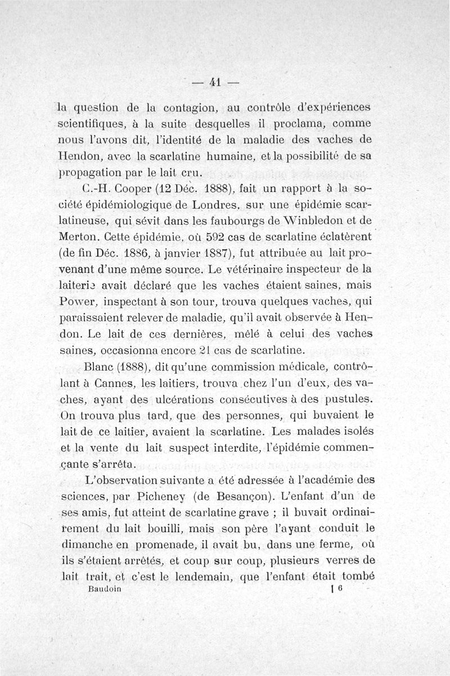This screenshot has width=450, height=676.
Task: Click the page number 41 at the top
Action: tap(214, 81)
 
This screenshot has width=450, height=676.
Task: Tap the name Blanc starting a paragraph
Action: tap(100, 368)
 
